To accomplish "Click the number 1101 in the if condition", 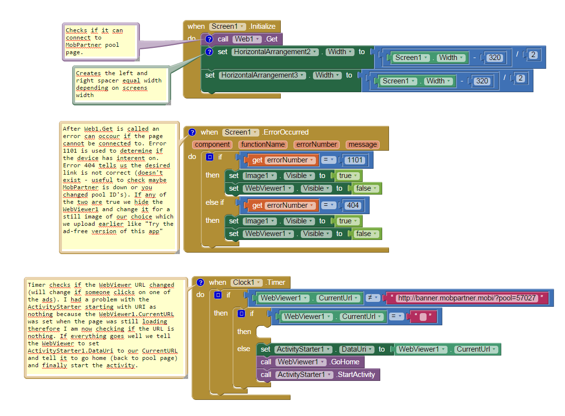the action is click(355, 160).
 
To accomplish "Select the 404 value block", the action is click(353, 205).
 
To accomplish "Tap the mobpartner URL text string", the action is click(467, 298).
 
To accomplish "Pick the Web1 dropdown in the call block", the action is click(247, 39).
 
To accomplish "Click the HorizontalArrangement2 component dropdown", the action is click(275, 52).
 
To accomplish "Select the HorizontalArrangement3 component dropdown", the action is click(263, 75).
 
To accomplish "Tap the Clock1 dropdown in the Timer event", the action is click(247, 283).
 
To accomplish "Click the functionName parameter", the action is click(263, 144).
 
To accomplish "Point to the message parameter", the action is click(363, 144).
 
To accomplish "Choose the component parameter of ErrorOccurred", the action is click(212, 144).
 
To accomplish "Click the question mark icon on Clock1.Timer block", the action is click(200, 283).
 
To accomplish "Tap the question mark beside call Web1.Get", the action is click(209, 39).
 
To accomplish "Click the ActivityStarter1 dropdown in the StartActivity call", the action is click(305, 375).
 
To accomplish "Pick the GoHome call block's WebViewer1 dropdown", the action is click(301, 362).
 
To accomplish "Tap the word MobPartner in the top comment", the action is click(83, 45).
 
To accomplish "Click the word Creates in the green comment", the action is click(88, 73).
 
